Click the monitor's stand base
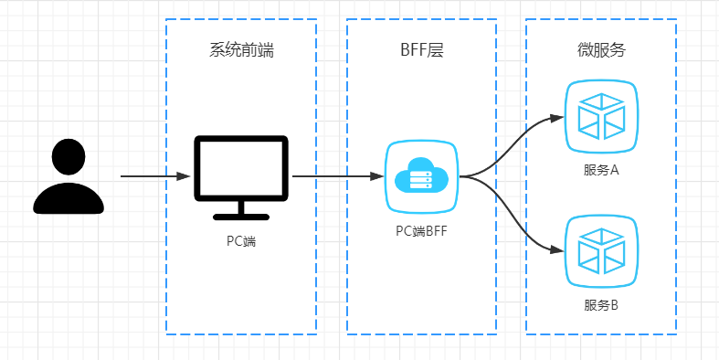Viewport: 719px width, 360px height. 241,216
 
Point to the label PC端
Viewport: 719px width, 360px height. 241,241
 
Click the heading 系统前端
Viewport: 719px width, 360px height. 241,51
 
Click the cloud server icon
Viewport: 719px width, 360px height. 421,175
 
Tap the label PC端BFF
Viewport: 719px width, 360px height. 421,230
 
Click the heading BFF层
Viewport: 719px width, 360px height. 421,51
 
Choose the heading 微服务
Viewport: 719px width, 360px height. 601,51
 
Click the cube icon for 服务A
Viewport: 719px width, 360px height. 601,116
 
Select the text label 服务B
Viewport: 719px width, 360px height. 601,304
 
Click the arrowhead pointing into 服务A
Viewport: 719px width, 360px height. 557,117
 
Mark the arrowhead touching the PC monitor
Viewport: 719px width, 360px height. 185,175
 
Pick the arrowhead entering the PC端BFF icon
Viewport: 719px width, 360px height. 377,175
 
